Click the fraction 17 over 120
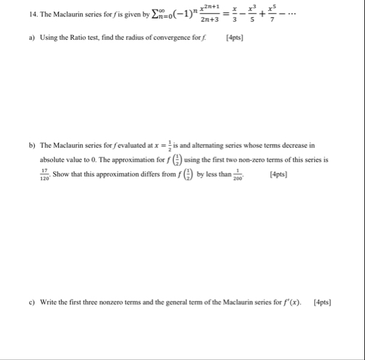45,174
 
